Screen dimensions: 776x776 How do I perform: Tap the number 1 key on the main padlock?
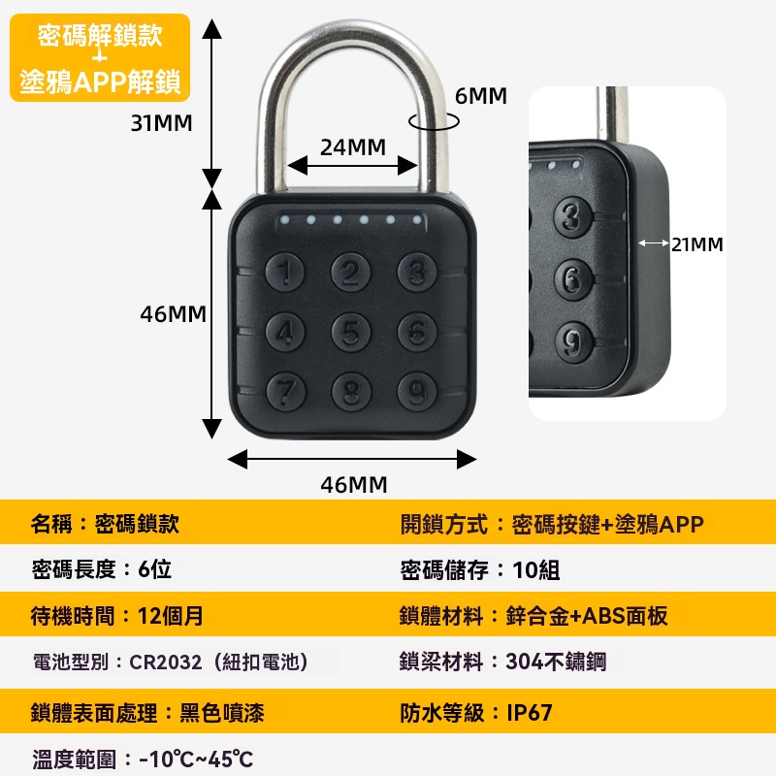pos(284,272)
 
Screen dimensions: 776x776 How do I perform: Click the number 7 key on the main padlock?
pos(285,392)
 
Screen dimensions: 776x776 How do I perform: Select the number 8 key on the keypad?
pos(351,392)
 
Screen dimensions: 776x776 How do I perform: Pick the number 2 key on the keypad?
pos(350,272)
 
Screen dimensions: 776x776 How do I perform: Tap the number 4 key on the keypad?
pos(285,332)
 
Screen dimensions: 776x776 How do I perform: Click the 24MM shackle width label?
pos(353,147)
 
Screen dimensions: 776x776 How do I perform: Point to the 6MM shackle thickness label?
pos(481,96)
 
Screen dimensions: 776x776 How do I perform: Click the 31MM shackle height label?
pos(161,123)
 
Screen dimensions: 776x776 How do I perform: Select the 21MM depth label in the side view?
pos(697,244)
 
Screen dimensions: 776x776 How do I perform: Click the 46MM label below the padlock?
pos(354,485)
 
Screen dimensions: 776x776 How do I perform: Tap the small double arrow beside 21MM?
pos(654,243)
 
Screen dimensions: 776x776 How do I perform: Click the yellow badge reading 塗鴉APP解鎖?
pos(100,58)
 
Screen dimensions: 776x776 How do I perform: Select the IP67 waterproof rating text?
pos(530,713)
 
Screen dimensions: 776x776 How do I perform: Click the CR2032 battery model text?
pos(165,663)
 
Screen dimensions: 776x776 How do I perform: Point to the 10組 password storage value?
pos(536,570)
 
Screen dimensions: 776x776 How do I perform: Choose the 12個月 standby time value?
pos(171,616)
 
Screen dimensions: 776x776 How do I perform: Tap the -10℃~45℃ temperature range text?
pos(196,760)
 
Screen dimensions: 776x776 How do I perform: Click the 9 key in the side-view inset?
pos(573,342)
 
